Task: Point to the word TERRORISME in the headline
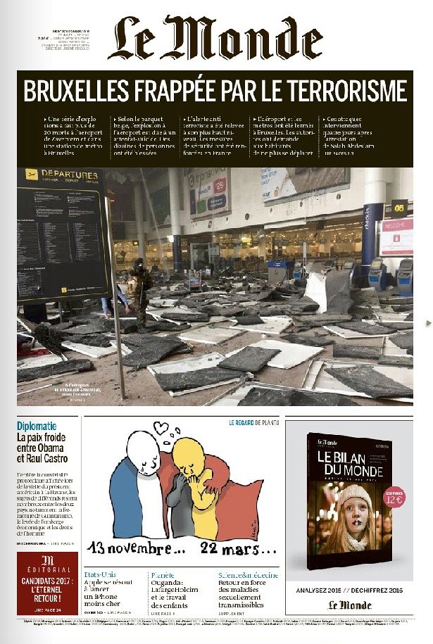click(344, 91)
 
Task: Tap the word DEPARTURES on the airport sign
click(70, 175)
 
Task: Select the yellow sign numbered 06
click(399, 208)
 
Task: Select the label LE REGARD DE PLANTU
click(253, 423)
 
